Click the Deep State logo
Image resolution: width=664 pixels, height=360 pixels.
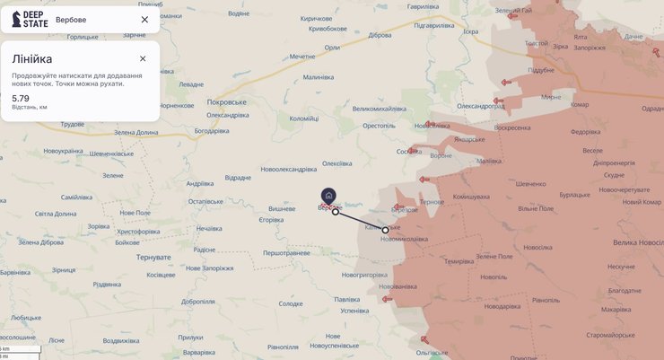coord(30,19)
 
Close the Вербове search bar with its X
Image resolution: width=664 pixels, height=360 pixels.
coord(144,19)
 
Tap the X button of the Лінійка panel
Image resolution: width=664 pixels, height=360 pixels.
coord(143,58)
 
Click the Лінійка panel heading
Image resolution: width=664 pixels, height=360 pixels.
coord(32,59)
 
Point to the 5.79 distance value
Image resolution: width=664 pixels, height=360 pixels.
coord(21,98)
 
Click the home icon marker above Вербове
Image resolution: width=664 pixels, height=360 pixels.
coord(328,196)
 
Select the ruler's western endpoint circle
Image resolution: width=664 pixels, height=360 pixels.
coord(335,212)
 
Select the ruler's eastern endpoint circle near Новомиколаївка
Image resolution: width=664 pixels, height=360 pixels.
coord(386,230)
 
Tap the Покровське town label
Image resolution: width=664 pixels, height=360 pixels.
coord(226,102)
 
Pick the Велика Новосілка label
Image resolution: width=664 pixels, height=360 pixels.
coord(638,243)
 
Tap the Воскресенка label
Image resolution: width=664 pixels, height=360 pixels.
coord(512,127)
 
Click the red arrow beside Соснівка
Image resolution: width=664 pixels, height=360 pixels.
coord(414,151)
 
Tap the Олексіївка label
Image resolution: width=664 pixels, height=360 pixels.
coord(337,162)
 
